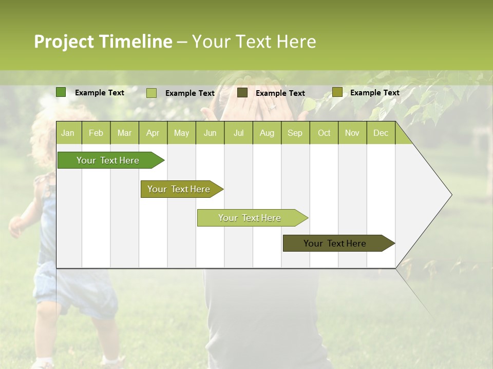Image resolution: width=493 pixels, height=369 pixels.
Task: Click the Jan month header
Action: click(x=68, y=133)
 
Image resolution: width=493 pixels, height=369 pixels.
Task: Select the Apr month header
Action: click(x=153, y=133)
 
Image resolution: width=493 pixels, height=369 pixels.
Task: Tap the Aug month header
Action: click(x=267, y=133)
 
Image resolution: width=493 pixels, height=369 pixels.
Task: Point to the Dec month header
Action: click(x=381, y=133)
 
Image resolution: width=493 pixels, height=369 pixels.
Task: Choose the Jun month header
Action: click(x=210, y=133)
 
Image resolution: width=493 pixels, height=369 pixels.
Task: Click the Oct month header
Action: click(x=324, y=133)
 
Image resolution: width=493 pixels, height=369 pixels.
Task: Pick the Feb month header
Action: click(x=96, y=133)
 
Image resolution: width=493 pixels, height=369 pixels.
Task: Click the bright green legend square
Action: click(x=61, y=92)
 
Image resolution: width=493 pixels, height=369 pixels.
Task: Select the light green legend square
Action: click(x=151, y=93)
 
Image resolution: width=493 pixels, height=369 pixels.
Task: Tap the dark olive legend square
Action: click(x=242, y=93)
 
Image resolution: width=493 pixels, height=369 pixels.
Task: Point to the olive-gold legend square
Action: click(x=337, y=92)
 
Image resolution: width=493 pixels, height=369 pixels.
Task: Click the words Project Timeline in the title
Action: click(x=103, y=42)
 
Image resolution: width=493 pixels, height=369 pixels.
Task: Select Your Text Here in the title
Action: click(x=254, y=42)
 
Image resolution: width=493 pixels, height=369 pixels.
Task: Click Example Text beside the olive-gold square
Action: click(x=374, y=93)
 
